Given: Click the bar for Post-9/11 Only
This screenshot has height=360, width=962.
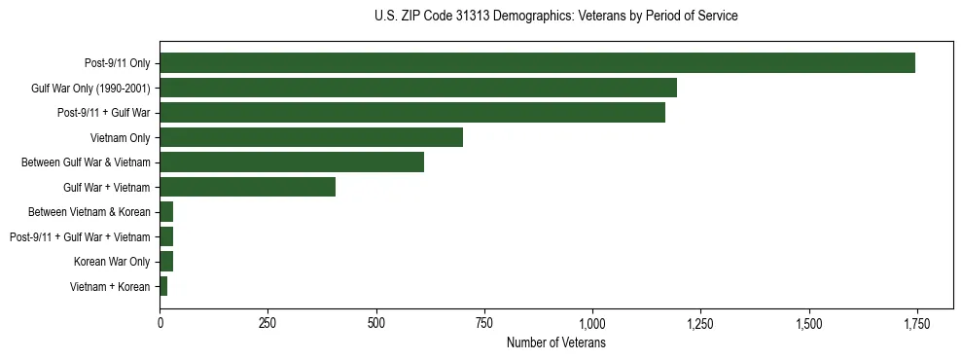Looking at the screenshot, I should point(537,63).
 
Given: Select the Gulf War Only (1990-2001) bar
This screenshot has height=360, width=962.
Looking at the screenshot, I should point(418,89).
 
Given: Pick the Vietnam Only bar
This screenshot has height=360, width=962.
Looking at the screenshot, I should point(311,137).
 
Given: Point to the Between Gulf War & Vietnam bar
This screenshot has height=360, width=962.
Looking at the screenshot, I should point(292,162).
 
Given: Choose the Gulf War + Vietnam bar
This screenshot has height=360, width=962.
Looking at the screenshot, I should point(247,187).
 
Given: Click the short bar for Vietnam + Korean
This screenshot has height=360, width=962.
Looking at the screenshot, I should point(163,286).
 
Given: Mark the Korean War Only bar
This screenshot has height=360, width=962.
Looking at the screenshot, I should point(166,262).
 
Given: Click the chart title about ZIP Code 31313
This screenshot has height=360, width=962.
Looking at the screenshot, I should point(555,17).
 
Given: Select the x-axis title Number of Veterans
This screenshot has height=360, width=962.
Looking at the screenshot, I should point(556,343).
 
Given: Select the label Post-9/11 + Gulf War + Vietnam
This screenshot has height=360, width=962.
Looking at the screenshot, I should point(80,236).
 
